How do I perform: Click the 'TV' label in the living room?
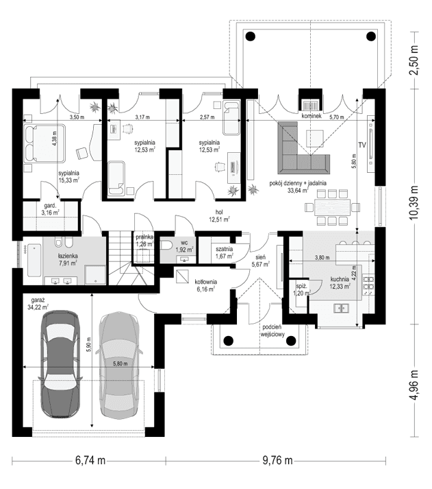(361, 145)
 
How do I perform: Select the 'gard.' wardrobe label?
(51, 205)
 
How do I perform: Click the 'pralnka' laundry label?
(144, 236)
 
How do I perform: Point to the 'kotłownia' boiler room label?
(205, 282)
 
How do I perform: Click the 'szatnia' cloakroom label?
(225, 249)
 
